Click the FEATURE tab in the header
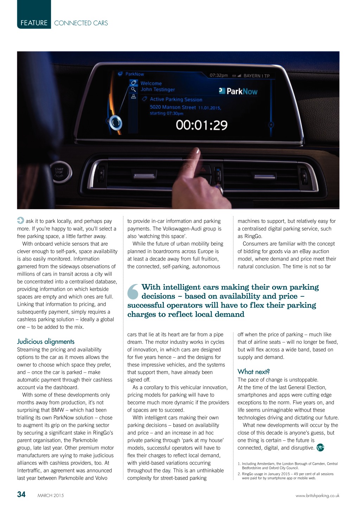34,23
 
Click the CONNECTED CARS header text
81,23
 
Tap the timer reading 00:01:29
201,125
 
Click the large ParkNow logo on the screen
238,91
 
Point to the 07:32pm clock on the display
219,75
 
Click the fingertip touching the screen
195,152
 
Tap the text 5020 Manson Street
173,107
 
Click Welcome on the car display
151,83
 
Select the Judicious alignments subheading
46,341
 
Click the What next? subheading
253,372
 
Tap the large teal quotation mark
133,292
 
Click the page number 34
21,495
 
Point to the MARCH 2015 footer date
51,496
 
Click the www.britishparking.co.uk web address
317,496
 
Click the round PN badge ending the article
320,447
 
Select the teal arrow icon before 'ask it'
20,221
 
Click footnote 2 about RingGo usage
286,476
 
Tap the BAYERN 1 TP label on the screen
256,76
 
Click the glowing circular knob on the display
115,123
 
